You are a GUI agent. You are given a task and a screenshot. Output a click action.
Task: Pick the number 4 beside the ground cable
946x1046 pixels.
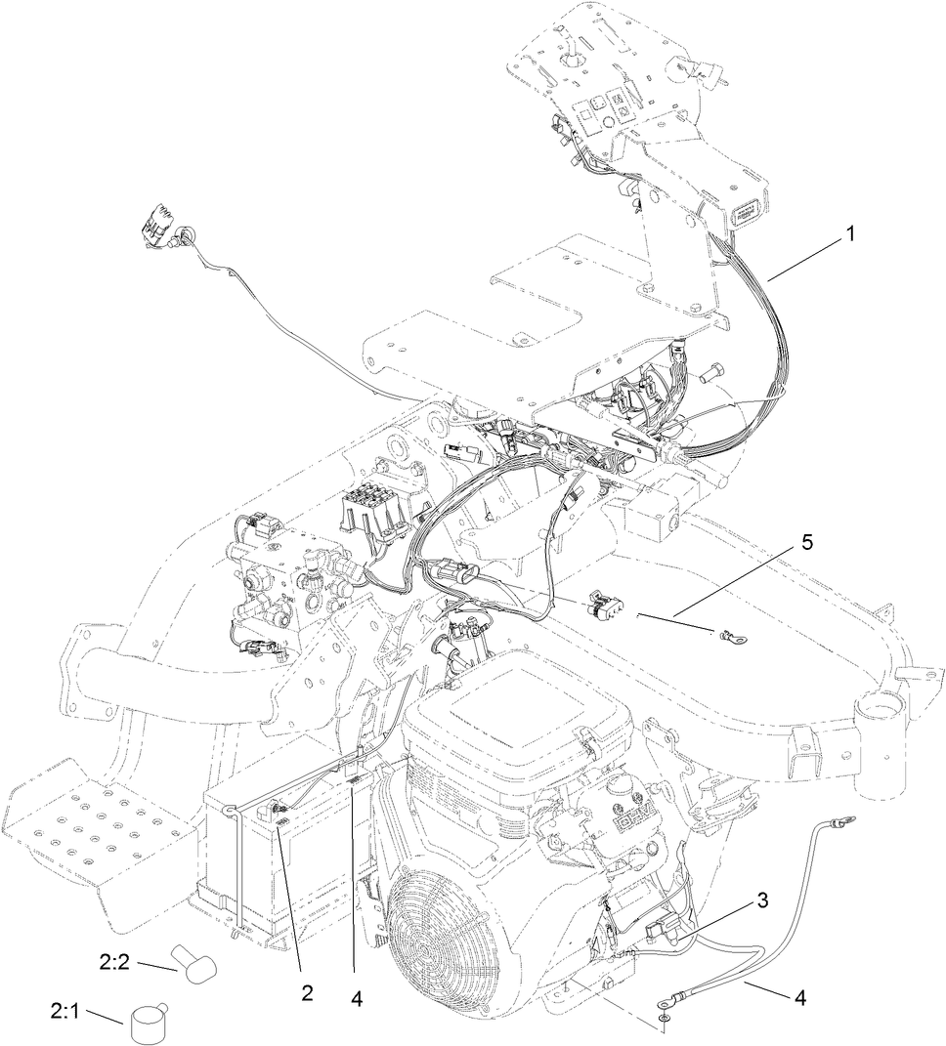tap(800, 998)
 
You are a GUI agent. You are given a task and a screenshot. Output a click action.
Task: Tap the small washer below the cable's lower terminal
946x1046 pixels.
tap(666, 1019)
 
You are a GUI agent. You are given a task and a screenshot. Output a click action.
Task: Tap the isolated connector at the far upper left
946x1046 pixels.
tap(163, 230)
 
